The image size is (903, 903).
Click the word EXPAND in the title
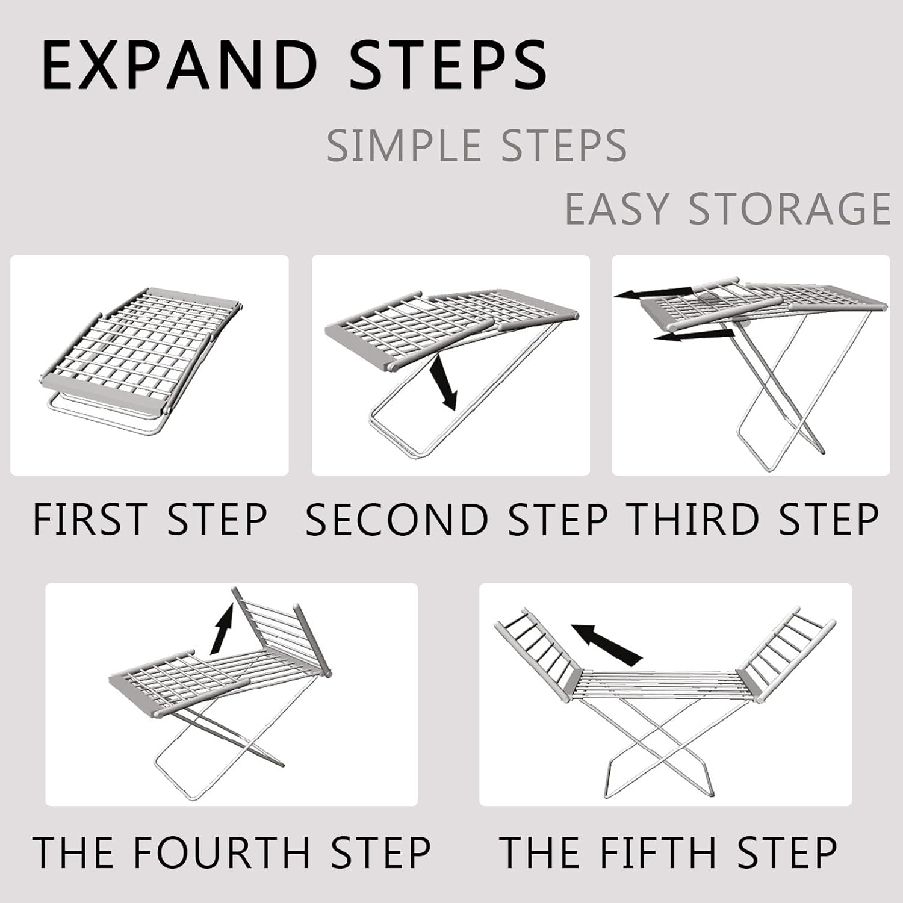pos(179,66)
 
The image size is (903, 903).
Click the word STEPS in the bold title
pos(448,66)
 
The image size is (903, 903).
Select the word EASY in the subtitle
pos(616,209)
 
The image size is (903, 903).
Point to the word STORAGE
pos(789,209)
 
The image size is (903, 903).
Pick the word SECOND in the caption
pos(397,520)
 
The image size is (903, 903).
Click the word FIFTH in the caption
pos(662,852)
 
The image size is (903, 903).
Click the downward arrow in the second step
pos(444,382)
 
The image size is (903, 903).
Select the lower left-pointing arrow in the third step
pos(692,335)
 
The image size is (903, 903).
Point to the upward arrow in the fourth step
pos(222,629)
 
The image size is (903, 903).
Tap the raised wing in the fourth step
pos(280,632)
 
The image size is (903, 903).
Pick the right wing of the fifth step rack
pos(786,653)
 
